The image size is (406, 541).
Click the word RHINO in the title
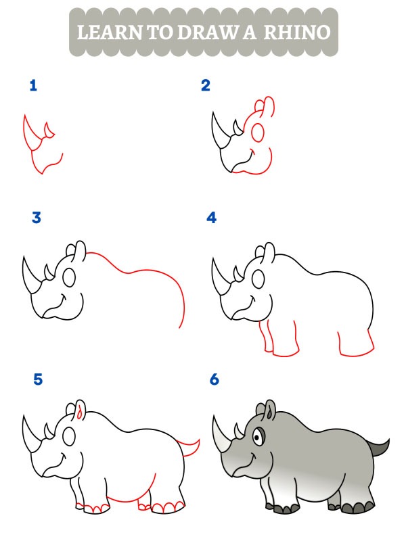tap(297, 32)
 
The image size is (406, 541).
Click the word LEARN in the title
tap(110, 32)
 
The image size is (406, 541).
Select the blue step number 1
tap(33, 86)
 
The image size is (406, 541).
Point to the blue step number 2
tap(206, 86)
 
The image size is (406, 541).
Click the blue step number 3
tap(37, 218)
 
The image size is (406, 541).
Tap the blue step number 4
tap(211, 218)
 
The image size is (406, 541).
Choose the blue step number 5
tap(38, 379)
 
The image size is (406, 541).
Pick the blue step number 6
tap(215, 379)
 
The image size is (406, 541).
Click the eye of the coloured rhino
tap(258, 438)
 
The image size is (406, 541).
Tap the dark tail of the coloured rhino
tap(379, 447)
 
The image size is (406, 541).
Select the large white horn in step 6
tap(222, 435)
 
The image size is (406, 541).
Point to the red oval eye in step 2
tap(258, 133)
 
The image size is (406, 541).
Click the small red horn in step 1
tap(49, 130)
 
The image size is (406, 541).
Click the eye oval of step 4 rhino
tap(258, 279)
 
